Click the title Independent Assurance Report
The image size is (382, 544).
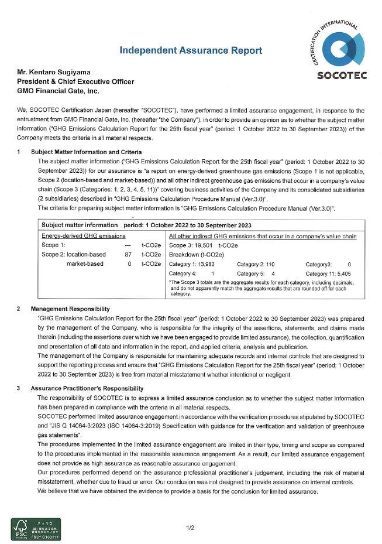[x=191, y=50]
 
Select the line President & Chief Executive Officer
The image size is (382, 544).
[x=75, y=81]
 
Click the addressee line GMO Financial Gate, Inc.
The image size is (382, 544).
[x=58, y=91]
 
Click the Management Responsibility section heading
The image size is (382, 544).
[x=70, y=309]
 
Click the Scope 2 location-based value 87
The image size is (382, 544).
[x=128, y=255]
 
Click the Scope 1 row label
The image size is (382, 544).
[x=53, y=245]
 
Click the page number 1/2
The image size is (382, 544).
[x=191, y=528]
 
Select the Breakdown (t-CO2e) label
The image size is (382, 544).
[x=194, y=255]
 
